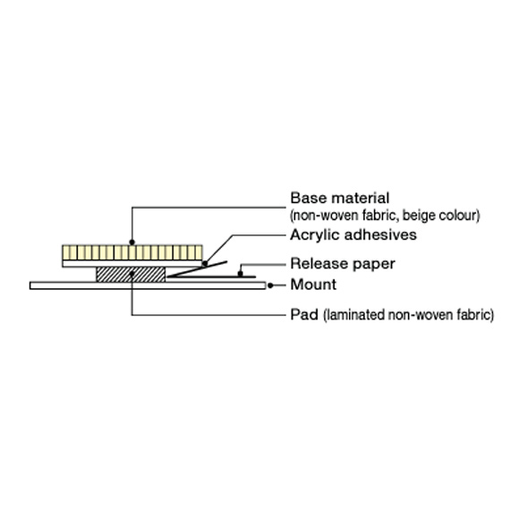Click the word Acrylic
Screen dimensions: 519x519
(316, 235)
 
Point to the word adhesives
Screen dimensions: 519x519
(380, 235)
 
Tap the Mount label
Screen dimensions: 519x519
(313, 285)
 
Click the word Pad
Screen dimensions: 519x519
(304, 314)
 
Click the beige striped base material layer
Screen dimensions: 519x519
(132, 252)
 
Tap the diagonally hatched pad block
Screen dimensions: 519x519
(131, 275)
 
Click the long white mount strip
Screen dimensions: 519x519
(148, 285)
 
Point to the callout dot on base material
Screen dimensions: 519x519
(132, 242)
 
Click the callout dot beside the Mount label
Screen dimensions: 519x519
(270, 285)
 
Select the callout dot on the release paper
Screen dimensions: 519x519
(241, 274)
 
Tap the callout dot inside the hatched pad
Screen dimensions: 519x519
(132, 274)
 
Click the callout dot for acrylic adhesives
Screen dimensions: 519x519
(205, 264)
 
